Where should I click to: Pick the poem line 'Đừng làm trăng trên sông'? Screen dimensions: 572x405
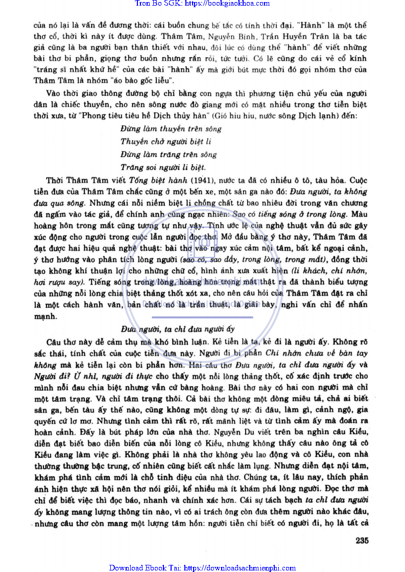pos(169,154)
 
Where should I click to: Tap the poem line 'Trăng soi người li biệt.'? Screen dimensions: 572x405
pos(163,167)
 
